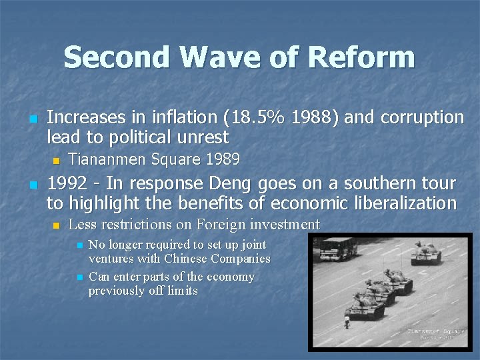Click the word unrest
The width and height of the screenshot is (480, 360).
tap(203, 138)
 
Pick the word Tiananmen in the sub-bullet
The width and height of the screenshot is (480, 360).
tap(109, 160)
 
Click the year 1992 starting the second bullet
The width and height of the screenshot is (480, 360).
tap(67, 183)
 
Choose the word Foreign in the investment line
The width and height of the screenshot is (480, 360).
tap(211, 225)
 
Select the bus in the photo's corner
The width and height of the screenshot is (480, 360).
tap(339, 249)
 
